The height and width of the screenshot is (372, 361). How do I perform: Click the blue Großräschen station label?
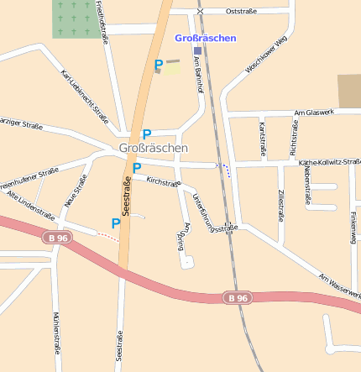pos(206,38)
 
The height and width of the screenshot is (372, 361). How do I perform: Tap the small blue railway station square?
pos(197,50)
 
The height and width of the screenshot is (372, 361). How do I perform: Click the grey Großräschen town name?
pos(154,148)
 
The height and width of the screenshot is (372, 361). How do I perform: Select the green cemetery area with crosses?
pos(76,18)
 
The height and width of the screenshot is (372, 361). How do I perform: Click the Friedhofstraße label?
pos(103,24)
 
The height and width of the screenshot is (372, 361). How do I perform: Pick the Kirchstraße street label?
pos(163,181)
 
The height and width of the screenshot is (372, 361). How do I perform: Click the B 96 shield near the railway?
pos(238,297)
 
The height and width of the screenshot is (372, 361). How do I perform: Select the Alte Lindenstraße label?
pos(30,205)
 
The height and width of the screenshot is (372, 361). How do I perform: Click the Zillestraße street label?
pos(280,205)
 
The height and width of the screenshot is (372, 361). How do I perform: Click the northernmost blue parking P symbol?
pos(158,64)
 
